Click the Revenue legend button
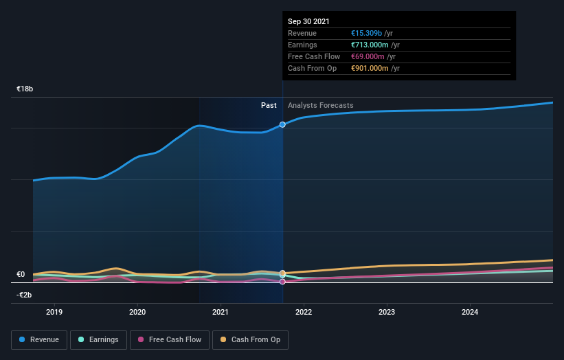click(x=40, y=339)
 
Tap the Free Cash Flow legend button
click(x=169, y=339)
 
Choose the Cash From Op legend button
click(x=251, y=339)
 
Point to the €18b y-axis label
click(x=25, y=89)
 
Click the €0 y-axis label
click(x=21, y=275)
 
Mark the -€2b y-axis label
click(x=24, y=295)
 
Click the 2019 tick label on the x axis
click(x=54, y=312)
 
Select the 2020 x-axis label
click(x=137, y=312)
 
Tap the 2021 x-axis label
click(x=221, y=312)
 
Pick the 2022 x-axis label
click(x=304, y=312)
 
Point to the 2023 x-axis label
click(x=387, y=312)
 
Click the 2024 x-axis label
click(x=470, y=312)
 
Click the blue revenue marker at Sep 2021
click(x=282, y=124)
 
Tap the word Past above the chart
click(x=269, y=105)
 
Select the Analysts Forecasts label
click(x=321, y=105)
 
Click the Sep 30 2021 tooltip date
click(x=308, y=21)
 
